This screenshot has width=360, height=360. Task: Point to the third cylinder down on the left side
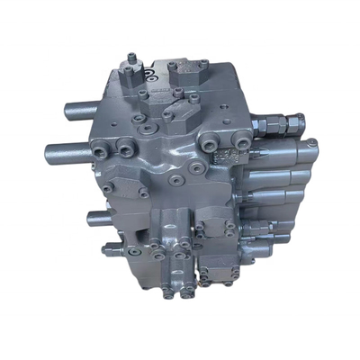(x=99, y=216)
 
